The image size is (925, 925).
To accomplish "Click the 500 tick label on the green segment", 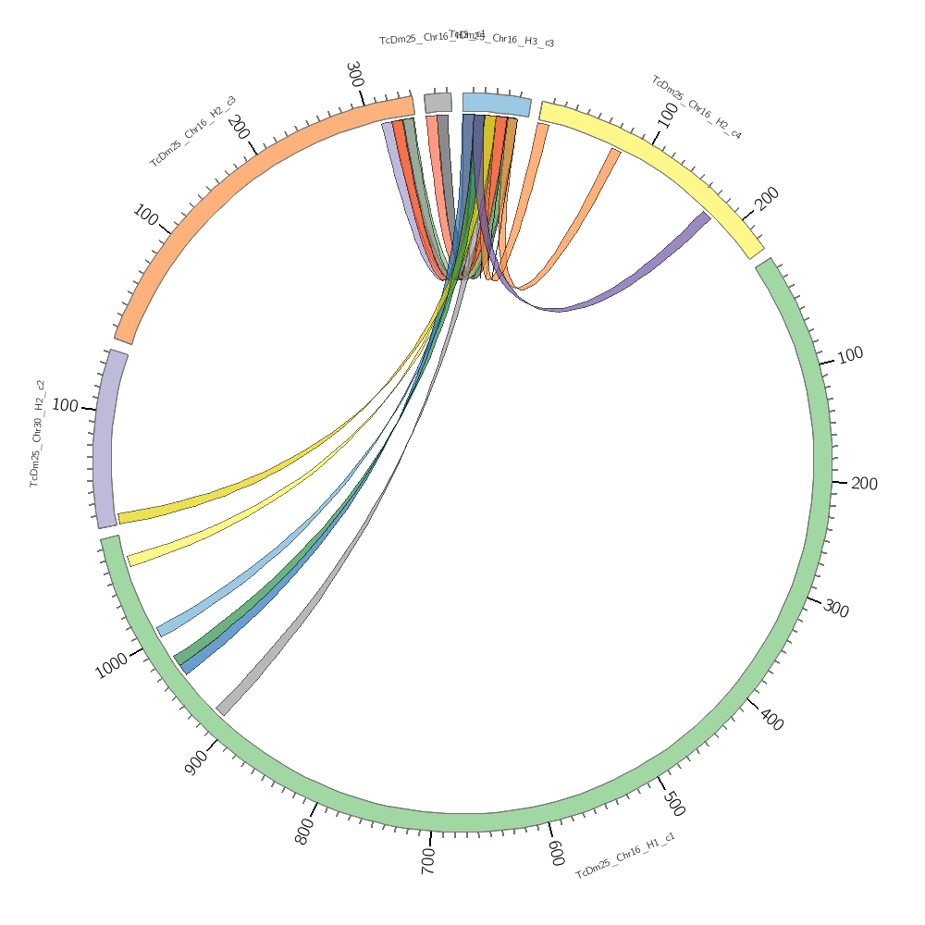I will coord(673,804).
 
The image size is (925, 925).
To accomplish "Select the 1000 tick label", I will coord(112,665).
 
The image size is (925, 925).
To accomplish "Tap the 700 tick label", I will coord(427,860).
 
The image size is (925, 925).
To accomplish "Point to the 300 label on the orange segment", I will coord(354,74).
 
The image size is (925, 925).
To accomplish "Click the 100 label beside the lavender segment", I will coord(65,405).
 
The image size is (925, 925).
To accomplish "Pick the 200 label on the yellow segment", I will coord(768,199).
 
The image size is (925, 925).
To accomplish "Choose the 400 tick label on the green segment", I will coord(771,718).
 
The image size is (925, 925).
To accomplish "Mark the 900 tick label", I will coord(196,762).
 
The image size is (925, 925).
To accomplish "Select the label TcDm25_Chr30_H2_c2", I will coord(38,433).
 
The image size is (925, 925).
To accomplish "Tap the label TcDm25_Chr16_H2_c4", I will coord(697,107).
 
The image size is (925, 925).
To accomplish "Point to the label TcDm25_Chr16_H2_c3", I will coord(192,131).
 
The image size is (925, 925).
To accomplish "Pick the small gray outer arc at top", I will coord(438,103).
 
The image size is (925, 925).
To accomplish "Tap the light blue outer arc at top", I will coord(497,104).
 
